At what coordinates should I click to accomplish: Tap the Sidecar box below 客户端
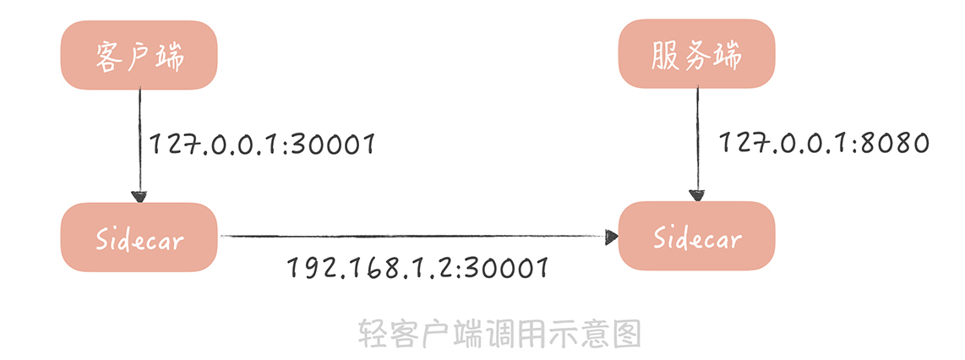139,237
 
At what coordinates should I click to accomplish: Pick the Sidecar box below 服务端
696,237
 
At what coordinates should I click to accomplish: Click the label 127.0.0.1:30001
263,145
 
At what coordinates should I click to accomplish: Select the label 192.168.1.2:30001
418,268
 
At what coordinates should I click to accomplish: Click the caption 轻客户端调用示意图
499,334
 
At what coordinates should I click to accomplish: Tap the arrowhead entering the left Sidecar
139,196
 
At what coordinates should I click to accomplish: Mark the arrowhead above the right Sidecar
696,196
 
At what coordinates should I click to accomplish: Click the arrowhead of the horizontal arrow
611,237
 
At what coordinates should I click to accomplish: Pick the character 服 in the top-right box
665,57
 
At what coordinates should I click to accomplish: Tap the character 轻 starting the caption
373,334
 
